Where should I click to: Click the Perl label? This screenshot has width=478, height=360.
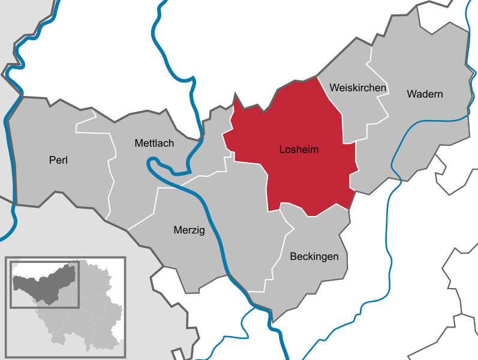coord(58,160)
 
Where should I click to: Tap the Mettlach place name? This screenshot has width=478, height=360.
coord(154,143)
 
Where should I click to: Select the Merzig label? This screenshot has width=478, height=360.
coord(189,230)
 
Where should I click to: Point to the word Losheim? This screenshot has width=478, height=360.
coord(299,149)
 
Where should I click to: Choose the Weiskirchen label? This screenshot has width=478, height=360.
coord(357,88)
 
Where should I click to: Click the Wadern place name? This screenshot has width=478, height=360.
coord(425,94)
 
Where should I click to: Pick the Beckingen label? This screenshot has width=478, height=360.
coord(314,257)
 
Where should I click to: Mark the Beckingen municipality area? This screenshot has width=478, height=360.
coord(312,282)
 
